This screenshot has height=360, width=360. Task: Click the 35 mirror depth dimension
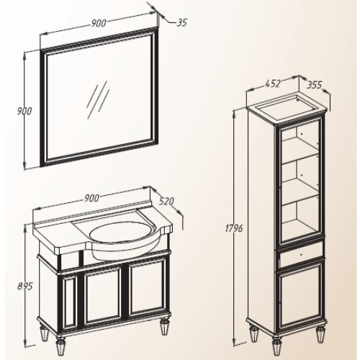pyautogui.click(x=181, y=22)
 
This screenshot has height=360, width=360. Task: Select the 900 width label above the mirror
pyautogui.click(x=99, y=23)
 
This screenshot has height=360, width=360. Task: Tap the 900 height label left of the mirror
pyautogui.click(x=24, y=112)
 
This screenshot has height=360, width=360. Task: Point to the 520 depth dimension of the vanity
pyautogui.click(x=166, y=201)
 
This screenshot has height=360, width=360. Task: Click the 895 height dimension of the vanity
pyautogui.click(x=24, y=286)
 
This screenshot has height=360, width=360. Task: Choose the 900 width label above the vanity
pyautogui.click(x=91, y=198)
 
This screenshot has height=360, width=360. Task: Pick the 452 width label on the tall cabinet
pyautogui.click(x=273, y=84)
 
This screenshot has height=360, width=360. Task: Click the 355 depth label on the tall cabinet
pyautogui.click(x=315, y=85)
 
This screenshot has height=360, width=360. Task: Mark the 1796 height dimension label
pyautogui.click(x=234, y=228)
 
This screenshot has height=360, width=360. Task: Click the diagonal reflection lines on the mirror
pyautogui.click(x=98, y=99)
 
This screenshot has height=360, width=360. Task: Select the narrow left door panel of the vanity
pyautogui.click(x=70, y=302)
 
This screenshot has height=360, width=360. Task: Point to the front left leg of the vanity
pyautogui.click(x=60, y=346)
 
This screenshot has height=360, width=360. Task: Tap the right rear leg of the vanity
pyautogui.click(x=165, y=326)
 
